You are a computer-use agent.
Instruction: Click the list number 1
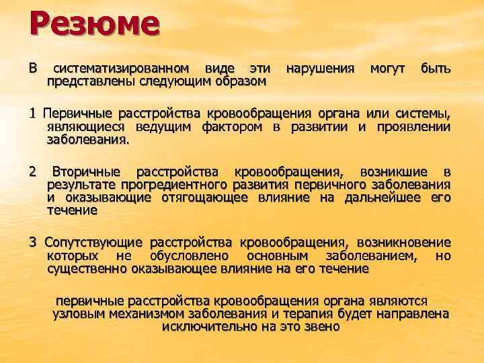[x=32, y=112]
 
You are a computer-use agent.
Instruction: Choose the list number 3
[x=32, y=243]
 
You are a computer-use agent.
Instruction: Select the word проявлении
[x=413, y=126]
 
